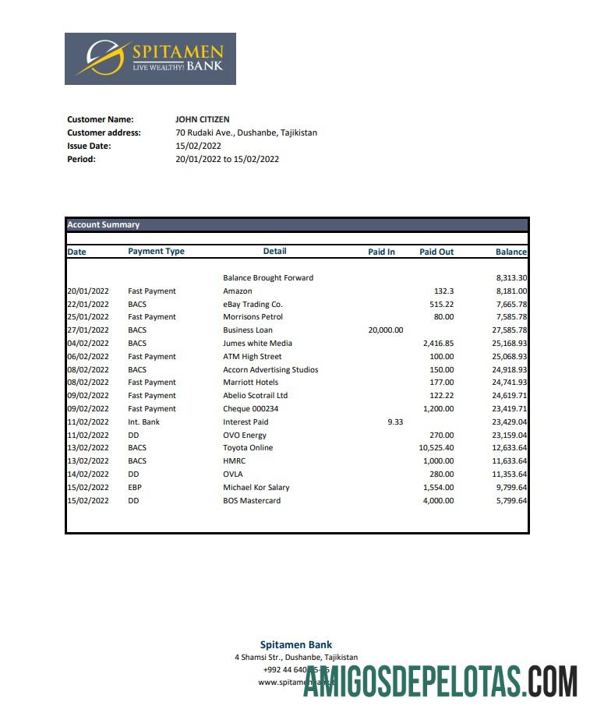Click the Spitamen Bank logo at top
point(150,58)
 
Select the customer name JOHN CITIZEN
point(203,119)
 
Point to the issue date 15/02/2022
point(199,146)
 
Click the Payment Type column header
point(156,252)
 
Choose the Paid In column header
point(381,252)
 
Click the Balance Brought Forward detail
point(268,278)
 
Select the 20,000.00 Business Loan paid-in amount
point(385,330)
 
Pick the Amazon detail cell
point(237,291)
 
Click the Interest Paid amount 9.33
point(395,422)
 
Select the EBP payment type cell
point(135,488)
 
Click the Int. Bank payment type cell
point(143,422)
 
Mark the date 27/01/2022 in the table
point(88,330)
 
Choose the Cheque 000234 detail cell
point(250,409)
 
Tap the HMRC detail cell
point(234,461)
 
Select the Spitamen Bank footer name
point(296,645)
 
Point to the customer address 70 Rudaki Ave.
point(246,132)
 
